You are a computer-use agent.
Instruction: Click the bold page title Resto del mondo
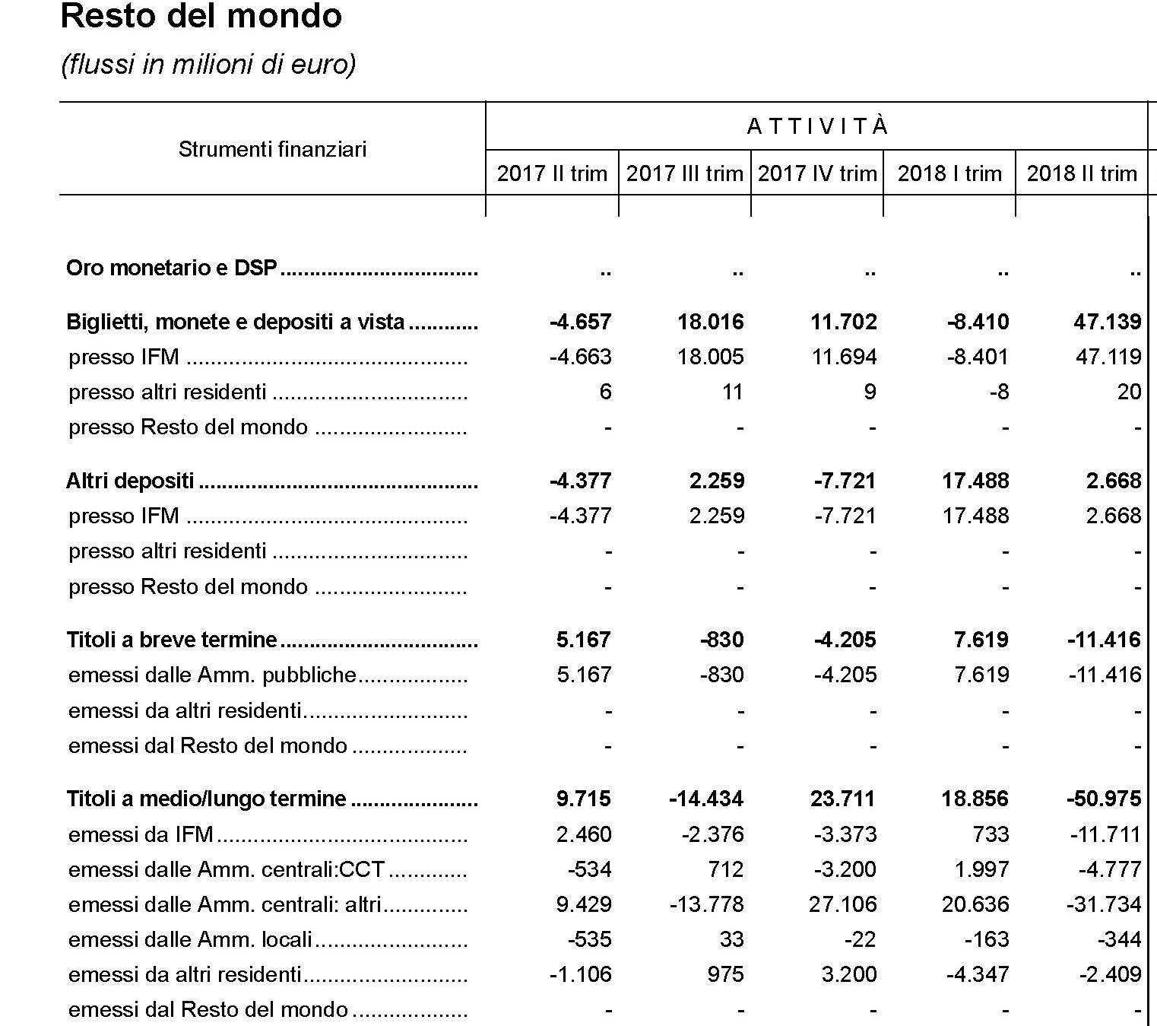coord(201,17)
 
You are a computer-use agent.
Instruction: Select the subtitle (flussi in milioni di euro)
coord(208,65)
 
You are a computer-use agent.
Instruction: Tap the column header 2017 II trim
coord(552,173)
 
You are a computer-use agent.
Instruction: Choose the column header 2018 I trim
coord(949,173)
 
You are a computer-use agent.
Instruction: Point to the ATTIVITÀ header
coord(817,126)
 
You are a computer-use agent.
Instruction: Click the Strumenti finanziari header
coord(272,149)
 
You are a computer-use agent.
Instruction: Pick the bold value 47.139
coord(1107,322)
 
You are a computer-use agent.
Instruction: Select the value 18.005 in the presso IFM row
coord(711,357)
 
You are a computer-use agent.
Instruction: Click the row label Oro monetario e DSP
coord(172,268)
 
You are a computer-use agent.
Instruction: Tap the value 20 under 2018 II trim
coord(1129,392)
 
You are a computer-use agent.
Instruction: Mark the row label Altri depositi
coord(130,481)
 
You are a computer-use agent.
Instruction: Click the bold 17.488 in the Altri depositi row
coord(976,481)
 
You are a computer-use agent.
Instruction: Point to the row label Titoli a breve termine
coord(172,640)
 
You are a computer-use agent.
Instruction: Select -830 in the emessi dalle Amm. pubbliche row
coord(721,675)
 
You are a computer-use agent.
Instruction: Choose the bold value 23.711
coord(844,799)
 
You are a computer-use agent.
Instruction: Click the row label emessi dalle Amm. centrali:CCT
coord(227,869)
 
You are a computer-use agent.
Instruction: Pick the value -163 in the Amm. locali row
coord(986,939)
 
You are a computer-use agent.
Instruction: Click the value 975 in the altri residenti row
coord(725,974)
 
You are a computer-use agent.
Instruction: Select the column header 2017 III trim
coord(684,173)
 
